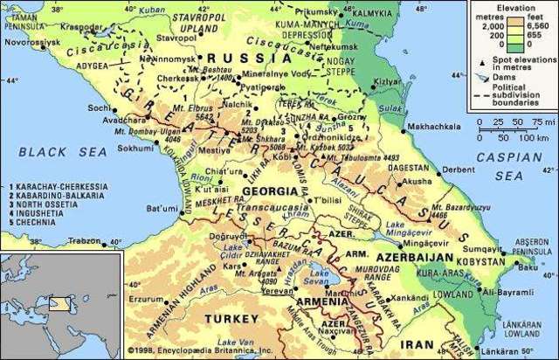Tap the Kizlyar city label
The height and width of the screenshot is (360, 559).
click(383, 81)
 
